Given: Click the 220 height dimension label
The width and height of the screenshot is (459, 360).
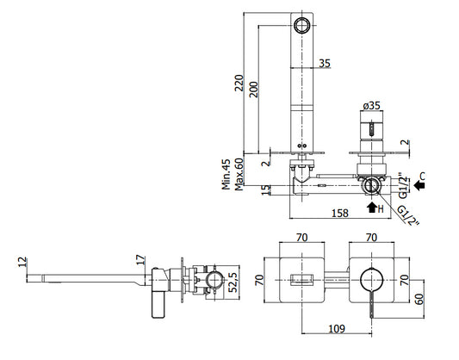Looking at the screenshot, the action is point(239,83).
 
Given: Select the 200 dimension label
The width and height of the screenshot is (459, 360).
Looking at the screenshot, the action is point(253,90).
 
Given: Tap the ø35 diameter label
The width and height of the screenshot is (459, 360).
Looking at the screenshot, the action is point(371,105).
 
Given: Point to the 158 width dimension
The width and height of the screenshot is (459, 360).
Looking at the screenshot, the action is point(340,213).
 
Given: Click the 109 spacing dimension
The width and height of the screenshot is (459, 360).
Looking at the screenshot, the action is point(337,329).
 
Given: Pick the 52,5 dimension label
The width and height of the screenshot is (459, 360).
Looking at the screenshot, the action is point(233,282).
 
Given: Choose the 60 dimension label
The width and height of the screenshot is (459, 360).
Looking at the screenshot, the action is point(419,299).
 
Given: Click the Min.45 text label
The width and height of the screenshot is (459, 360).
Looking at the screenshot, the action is point(226,174).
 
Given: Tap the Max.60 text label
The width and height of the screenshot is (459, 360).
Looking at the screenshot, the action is point(239,174).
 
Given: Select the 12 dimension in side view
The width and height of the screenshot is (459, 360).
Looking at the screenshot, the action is point(22,262).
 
